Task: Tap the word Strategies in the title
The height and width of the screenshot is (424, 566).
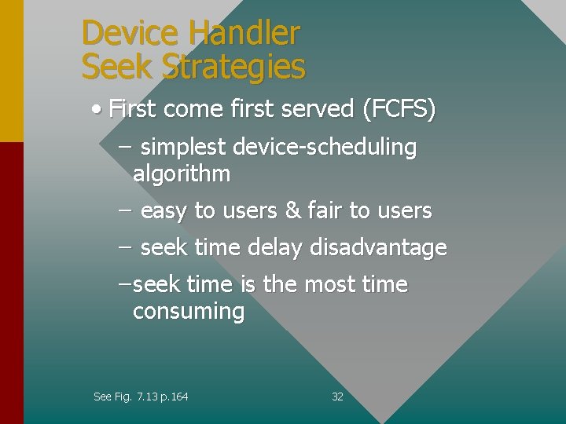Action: pos(233,68)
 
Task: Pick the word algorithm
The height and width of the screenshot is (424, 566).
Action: pos(182,174)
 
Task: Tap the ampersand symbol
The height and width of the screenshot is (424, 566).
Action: pos(292,210)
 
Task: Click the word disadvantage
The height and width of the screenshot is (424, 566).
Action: pos(378,248)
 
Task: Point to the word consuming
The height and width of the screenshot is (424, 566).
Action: pos(189,312)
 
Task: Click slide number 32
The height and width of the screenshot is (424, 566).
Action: pos(338,397)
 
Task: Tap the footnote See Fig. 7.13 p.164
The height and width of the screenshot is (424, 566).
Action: pos(141,397)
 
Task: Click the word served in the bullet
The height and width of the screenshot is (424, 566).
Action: pos(321,109)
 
